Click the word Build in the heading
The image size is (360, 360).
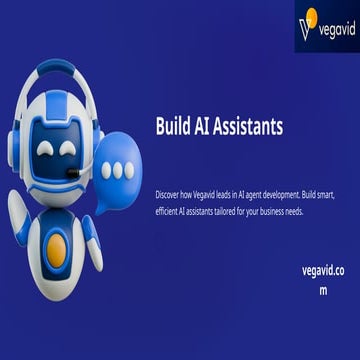pos(176,126)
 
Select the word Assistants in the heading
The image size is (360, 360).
pos(251,126)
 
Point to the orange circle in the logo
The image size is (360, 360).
pos(312,15)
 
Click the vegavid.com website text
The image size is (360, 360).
pos(322,270)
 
